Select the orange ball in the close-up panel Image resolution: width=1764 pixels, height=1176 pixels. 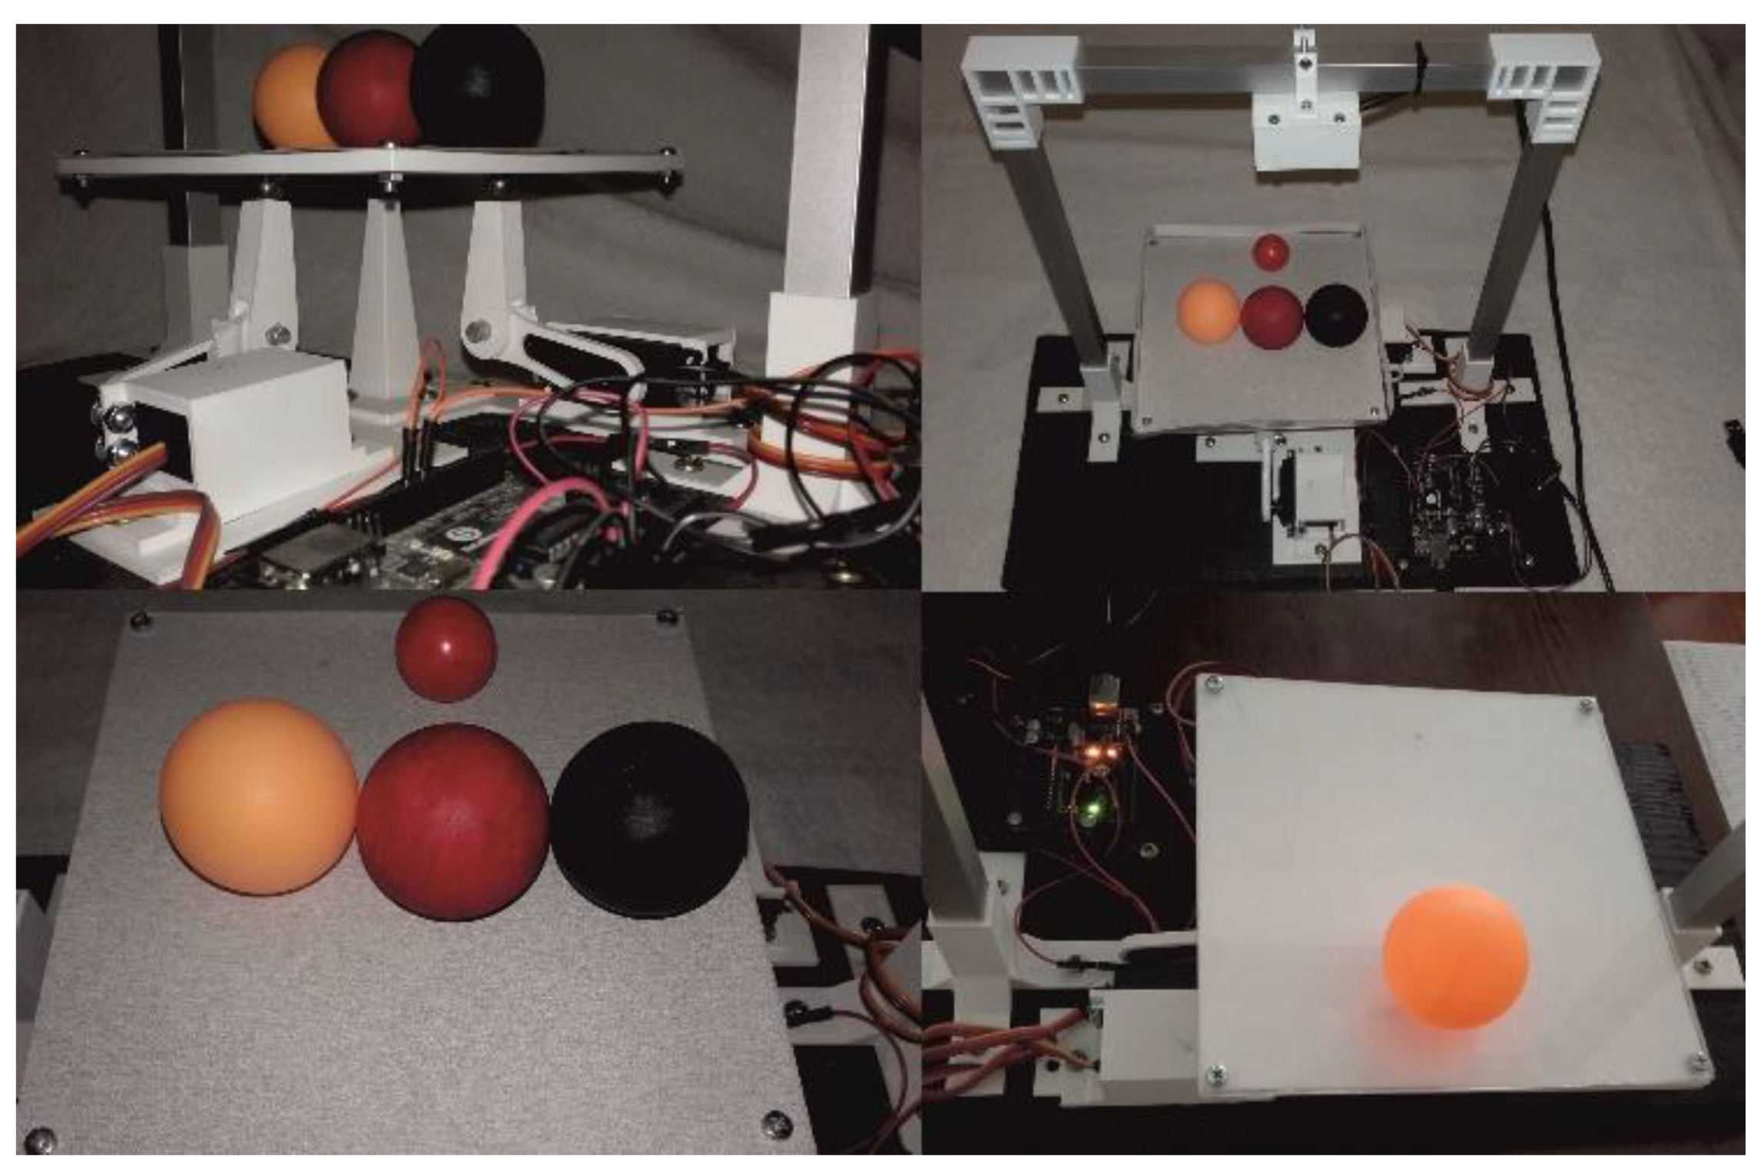pyautogui.click(x=258, y=796)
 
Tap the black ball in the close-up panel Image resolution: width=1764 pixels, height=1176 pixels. pyautogui.click(x=650, y=819)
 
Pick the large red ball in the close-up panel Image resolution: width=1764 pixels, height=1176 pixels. pyautogui.click(x=453, y=821)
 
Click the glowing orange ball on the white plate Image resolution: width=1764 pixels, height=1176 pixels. pyautogui.click(x=1455, y=958)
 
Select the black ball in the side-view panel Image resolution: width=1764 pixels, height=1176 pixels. pyautogui.click(x=478, y=86)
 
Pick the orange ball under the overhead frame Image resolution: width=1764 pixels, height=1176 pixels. pyautogui.click(x=1207, y=311)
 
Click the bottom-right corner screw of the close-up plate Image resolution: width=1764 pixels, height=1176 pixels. pyautogui.click(x=776, y=1124)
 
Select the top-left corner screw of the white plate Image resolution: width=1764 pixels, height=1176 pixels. pyautogui.click(x=1214, y=683)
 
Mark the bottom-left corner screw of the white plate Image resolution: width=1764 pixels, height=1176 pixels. pyautogui.click(x=1216, y=1075)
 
